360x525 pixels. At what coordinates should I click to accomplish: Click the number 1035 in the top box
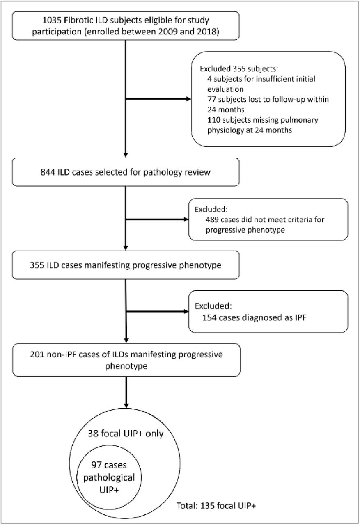pyautogui.click(x=52, y=21)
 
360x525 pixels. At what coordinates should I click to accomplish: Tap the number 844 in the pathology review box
pyautogui.click(x=48, y=172)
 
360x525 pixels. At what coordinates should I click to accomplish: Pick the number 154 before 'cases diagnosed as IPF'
pyautogui.click(x=209, y=317)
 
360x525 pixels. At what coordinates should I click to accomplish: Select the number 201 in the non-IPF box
pyautogui.click(x=37, y=354)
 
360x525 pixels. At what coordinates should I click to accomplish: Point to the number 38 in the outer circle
pyautogui.click(x=93, y=434)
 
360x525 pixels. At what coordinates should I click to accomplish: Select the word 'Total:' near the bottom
pyautogui.click(x=187, y=506)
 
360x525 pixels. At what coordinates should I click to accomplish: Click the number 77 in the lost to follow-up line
pyautogui.click(x=211, y=99)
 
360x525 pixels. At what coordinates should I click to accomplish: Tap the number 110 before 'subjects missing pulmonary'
pyautogui.click(x=213, y=120)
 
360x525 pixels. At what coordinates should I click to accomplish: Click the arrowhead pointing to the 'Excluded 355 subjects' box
pyautogui.click(x=189, y=99)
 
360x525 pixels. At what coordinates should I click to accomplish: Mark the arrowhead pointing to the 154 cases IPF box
pyautogui.click(x=186, y=311)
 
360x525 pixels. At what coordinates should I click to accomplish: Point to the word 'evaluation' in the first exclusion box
pyautogui.click(x=225, y=89)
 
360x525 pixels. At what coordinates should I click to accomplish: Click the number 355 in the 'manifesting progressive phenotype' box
pyautogui.click(x=37, y=265)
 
